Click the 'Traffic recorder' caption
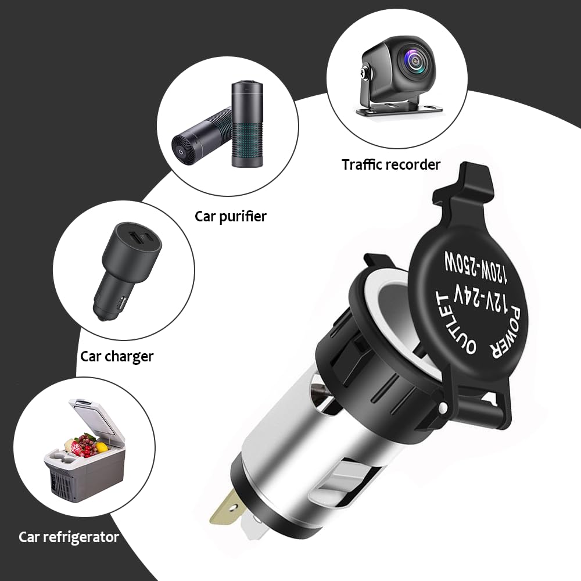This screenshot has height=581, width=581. pyautogui.click(x=391, y=164)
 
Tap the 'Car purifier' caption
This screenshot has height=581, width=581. pyautogui.click(x=231, y=217)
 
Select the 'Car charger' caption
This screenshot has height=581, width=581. pyautogui.click(x=117, y=356)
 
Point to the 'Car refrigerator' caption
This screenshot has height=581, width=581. pyautogui.click(x=69, y=537)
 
